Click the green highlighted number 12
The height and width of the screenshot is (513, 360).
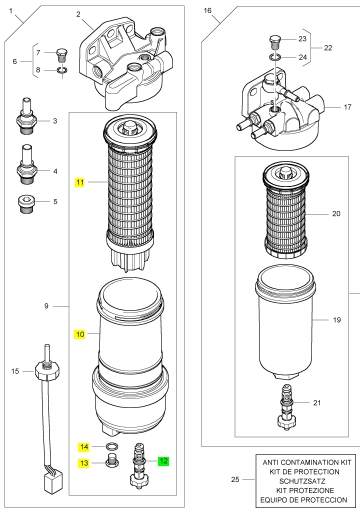(x=163, y=461)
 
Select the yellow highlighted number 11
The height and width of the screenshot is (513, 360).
(x=80, y=182)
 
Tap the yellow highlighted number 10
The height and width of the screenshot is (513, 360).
(x=80, y=334)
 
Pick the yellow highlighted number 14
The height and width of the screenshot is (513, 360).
(x=84, y=447)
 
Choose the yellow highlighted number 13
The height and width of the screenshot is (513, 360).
(x=84, y=463)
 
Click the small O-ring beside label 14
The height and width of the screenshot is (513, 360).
(x=112, y=446)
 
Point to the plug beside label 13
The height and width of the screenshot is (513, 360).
(x=111, y=460)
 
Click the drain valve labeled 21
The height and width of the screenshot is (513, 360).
(x=286, y=406)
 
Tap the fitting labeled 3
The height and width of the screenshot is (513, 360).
(x=26, y=116)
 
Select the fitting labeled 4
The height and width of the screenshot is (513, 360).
(x=26, y=164)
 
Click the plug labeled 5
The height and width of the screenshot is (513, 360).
(x=26, y=205)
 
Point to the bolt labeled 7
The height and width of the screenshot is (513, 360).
(x=61, y=54)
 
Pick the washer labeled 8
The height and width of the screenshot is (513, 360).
(x=62, y=70)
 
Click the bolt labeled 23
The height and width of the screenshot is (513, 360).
(x=275, y=42)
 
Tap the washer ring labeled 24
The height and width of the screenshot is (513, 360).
(x=275, y=57)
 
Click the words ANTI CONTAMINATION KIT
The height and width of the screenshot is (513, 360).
(x=307, y=462)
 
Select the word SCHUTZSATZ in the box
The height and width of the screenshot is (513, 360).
(x=302, y=481)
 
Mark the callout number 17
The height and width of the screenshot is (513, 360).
(x=347, y=107)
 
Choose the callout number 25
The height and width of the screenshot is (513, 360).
(x=235, y=479)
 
